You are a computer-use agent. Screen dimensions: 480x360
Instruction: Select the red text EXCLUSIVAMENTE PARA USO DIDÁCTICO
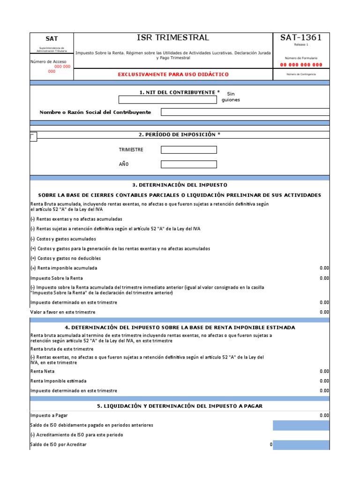173,75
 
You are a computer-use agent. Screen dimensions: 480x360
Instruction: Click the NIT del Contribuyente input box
167,100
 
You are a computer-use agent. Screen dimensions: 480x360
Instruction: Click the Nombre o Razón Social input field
245,112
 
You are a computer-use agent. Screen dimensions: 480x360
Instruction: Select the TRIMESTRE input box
188,150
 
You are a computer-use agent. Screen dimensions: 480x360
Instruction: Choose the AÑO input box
188,164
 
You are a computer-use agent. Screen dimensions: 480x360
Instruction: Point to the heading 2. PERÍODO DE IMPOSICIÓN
179,135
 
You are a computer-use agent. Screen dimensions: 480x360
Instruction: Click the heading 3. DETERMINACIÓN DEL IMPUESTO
180,185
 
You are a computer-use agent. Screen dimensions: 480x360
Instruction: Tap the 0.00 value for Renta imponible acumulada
324,268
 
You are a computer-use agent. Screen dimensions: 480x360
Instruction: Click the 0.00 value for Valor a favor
324,312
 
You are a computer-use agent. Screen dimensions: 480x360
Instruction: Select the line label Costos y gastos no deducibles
66,258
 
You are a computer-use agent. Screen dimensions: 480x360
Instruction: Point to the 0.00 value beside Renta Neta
324,371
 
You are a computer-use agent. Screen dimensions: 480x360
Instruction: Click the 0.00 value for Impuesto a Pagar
324,415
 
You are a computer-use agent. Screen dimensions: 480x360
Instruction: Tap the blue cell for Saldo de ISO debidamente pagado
301,425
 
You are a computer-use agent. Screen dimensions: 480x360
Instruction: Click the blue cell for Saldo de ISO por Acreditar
301,445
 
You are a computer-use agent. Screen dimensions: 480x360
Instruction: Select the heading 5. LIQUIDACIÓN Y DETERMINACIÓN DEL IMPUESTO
180,406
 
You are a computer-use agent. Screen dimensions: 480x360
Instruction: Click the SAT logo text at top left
52,39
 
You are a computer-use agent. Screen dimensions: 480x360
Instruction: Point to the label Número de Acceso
48,61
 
